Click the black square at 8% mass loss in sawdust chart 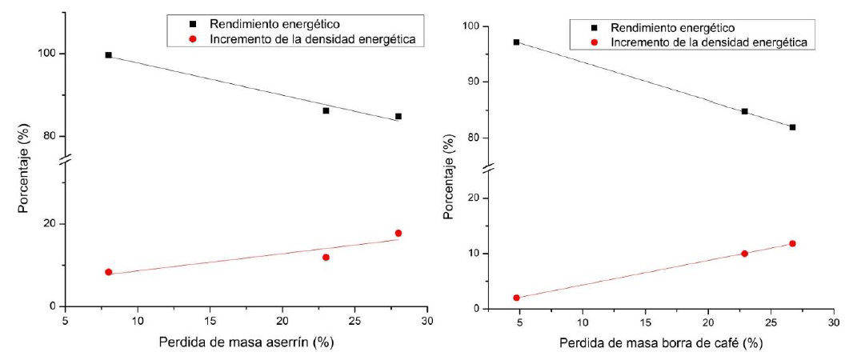[108, 55]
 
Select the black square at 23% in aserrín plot [326, 110]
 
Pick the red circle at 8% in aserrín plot [108, 272]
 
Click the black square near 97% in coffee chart [516, 42]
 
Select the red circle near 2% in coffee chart [516, 298]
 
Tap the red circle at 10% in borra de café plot [744, 254]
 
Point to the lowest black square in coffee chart [792, 127]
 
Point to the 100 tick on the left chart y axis [52, 54]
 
